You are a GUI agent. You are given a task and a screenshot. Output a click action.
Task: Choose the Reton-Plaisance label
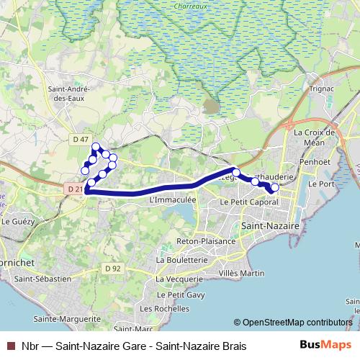click(206, 241)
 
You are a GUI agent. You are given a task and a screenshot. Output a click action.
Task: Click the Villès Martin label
click(241, 274)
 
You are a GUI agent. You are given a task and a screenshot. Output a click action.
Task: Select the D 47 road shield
click(81, 139)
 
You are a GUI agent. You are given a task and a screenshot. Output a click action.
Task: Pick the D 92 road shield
click(112, 269)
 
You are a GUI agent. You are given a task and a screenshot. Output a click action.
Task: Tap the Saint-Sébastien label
click(43, 278)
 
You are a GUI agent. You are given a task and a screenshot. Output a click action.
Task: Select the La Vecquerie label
click(180, 278)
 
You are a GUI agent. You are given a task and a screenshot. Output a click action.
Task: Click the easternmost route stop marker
click(274, 188)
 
